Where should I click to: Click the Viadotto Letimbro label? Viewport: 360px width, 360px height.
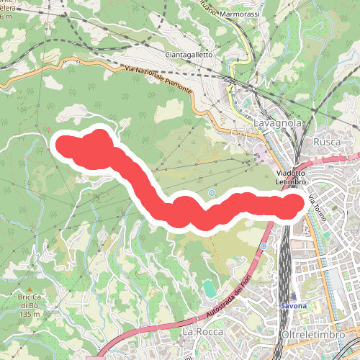[x=292, y=177]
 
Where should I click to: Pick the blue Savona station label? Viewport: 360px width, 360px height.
[x=294, y=306]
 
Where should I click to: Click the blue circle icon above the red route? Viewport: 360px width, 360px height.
[x=212, y=193]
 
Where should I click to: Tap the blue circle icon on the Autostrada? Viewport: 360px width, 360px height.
[x=264, y=246]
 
